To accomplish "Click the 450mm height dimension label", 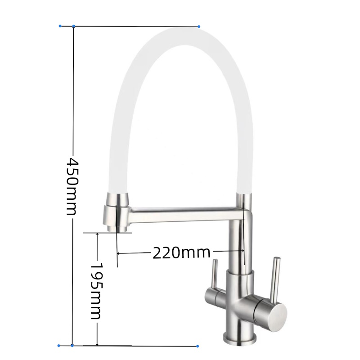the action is pos(72,186).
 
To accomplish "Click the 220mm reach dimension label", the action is pos(181,253).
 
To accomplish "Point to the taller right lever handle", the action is pos(275,280).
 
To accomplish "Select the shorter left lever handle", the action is pos(215,274).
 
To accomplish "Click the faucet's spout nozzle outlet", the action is pos(117,229).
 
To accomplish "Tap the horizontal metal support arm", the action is pos(186,214).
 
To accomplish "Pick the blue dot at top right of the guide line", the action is pos(199,27).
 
